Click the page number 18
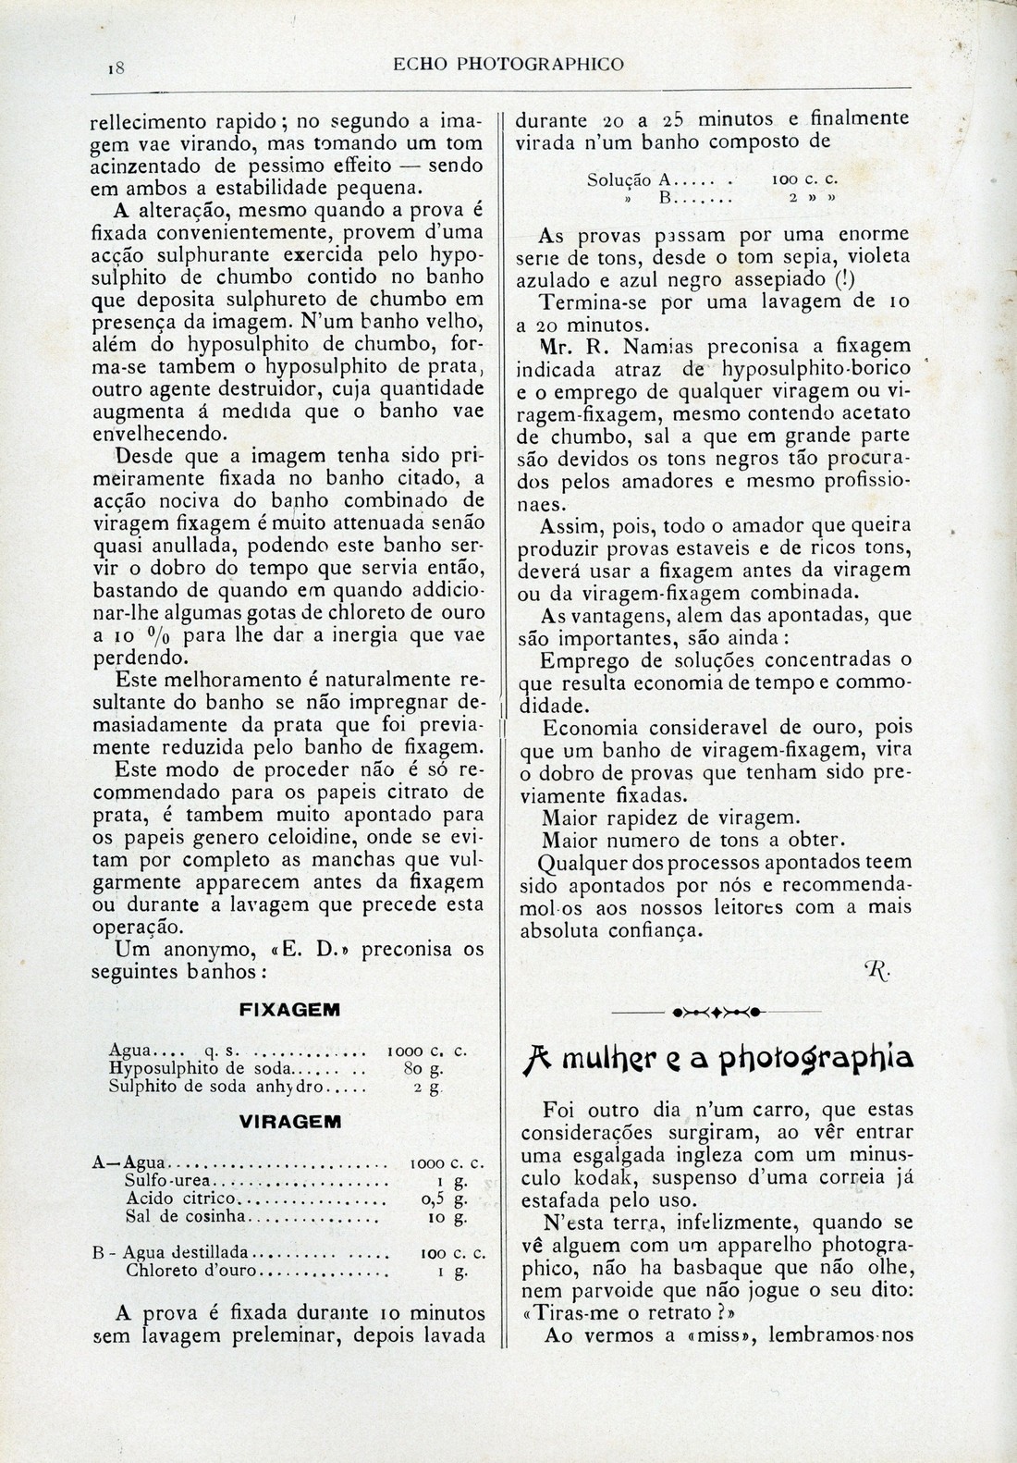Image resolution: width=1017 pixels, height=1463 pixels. click(x=116, y=68)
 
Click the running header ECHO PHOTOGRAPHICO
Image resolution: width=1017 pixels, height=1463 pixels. click(x=508, y=65)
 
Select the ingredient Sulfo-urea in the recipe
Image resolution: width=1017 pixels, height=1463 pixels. click(x=168, y=1182)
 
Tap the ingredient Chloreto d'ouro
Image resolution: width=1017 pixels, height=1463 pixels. click(x=193, y=1272)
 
